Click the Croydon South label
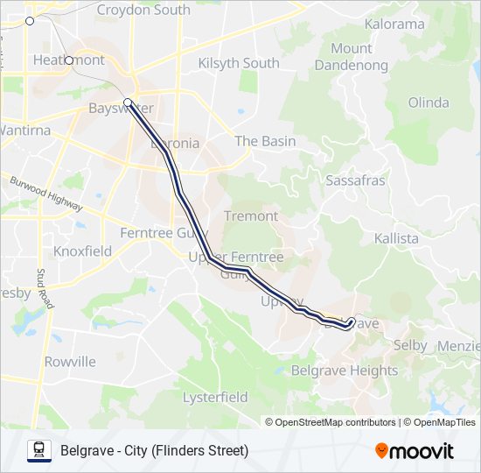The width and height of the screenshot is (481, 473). click(x=143, y=11)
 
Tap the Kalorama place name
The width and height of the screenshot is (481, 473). click(x=394, y=24)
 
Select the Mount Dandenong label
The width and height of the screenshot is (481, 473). click(x=351, y=56)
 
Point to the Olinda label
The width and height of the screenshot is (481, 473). click(x=429, y=102)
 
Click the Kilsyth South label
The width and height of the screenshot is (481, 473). click(x=239, y=63)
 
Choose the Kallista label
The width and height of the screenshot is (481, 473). click(x=396, y=238)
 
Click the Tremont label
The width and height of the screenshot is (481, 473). click(x=251, y=215)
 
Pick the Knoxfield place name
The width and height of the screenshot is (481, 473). click(x=82, y=251)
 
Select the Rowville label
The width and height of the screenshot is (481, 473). click(x=70, y=362)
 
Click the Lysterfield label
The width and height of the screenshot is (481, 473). click(x=215, y=397)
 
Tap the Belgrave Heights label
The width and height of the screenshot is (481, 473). click(x=344, y=371)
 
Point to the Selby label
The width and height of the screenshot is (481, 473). click(x=410, y=345)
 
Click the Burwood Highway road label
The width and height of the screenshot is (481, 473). click(x=46, y=194)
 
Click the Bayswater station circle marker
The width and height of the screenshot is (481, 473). click(x=128, y=102)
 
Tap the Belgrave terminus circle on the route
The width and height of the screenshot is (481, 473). click(x=352, y=321)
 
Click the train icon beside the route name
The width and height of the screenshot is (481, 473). click(x=39, y=450)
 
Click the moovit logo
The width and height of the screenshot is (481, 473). click(x=415, y=450)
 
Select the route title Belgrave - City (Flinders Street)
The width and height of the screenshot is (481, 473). click(x=154, y=450)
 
